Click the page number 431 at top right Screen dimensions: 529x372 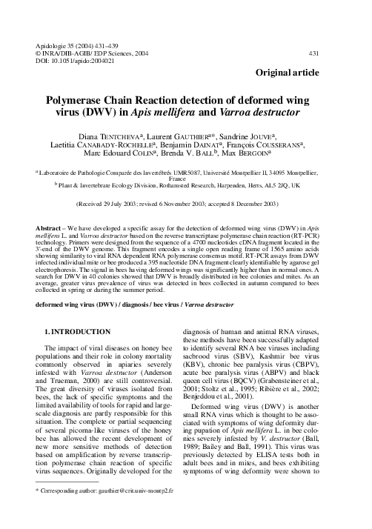tap(334, 53)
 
